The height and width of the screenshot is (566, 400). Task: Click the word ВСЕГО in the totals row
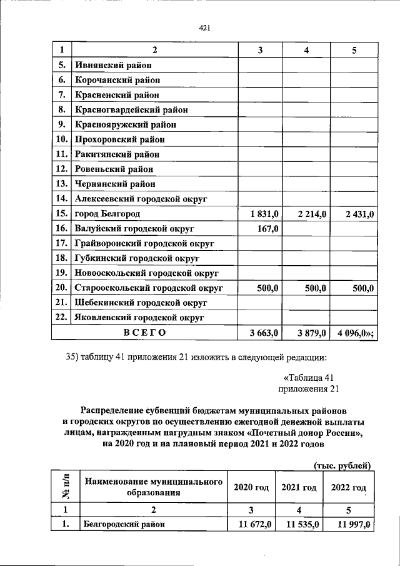(x=144, y=333)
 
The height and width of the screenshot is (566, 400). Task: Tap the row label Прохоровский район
(x=121, y=139)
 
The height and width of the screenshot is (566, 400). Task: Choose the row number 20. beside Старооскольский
(x=61, y=288)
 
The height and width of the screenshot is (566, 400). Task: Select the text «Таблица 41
(x=311, y=378)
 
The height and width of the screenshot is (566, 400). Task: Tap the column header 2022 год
(x=348, y=487)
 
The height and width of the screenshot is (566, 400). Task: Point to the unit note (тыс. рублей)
(x=342, y=465)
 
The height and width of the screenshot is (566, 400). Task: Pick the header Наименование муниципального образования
(x=154, y=487)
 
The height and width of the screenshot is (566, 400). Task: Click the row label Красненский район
(x=117, y=95)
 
